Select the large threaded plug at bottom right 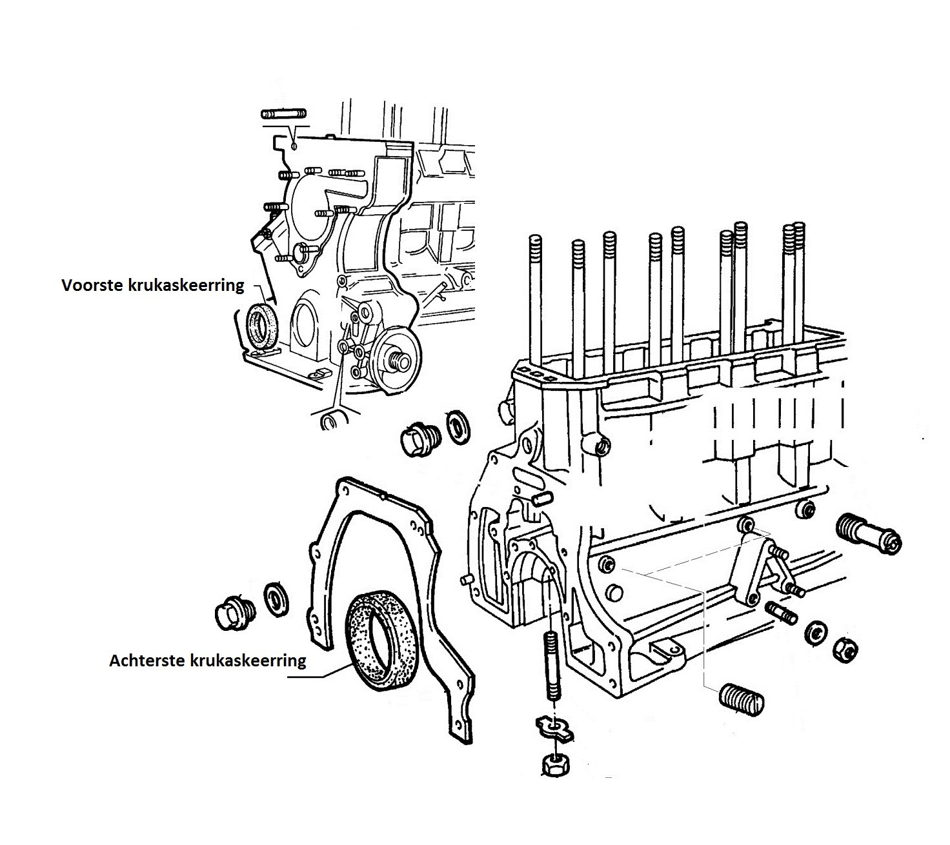click(742, 700)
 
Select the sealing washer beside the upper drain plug click(457, 428)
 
